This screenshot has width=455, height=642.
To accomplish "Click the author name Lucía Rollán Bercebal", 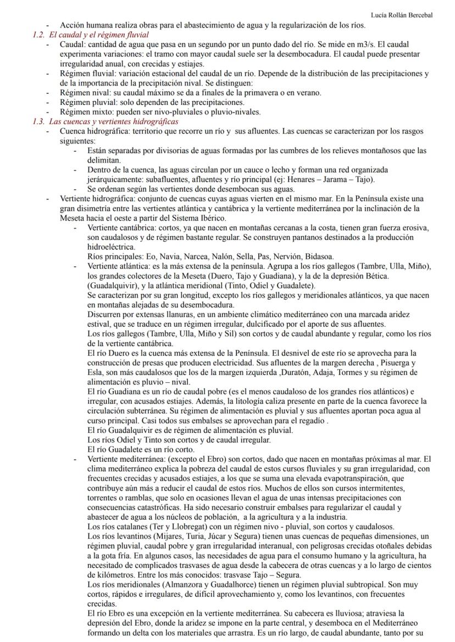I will point(402,15).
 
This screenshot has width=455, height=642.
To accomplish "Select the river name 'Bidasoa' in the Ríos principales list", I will point(318,256).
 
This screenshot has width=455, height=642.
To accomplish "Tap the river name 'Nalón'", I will point(221,256).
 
